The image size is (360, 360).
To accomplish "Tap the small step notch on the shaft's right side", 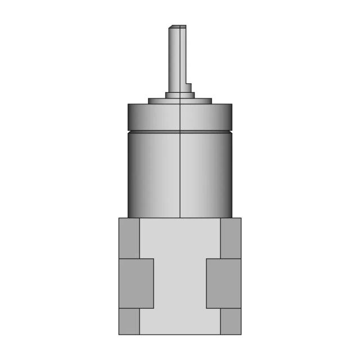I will point(189,87).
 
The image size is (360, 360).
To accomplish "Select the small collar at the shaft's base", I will point(179,95).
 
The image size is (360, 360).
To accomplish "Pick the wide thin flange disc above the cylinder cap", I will point(180,101).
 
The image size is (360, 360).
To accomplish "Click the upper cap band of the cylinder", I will point(180,117).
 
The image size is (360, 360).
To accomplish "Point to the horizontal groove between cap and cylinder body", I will point(180,132).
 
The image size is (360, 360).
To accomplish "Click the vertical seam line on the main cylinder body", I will point(180,174).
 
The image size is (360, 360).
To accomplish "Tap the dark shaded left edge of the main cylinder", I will point(132,174).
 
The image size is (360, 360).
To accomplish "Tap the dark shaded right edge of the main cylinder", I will point(228,174).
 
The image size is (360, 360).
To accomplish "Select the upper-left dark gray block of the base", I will point(129,238).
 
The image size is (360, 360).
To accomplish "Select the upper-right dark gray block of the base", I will point(231,238).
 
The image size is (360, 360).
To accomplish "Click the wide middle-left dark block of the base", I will point(136,283).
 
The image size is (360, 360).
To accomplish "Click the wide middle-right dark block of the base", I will point(223,283).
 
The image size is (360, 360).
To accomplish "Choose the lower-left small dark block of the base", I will point(129,321).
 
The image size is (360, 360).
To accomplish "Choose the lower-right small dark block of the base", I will point(231,321).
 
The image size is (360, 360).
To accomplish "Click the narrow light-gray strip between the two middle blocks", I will point(180,283).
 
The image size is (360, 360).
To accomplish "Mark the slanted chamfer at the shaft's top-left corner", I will point(170,26).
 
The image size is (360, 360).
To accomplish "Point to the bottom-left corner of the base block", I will point(119,334).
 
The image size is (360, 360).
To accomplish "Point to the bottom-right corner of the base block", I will point(241,334).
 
